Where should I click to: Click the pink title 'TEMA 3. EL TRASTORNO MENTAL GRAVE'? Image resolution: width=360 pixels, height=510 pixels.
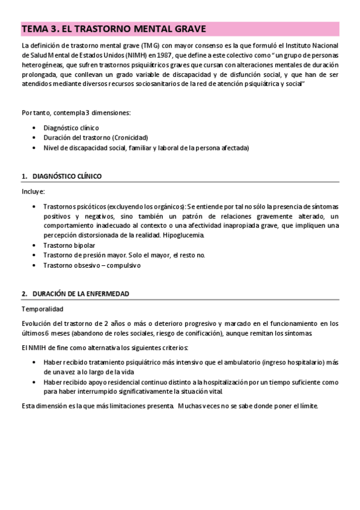coord(114,29)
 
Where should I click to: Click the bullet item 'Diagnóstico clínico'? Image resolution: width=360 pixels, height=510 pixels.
coord(71,128)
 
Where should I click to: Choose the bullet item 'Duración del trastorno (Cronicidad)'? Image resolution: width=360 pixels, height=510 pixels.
coord(96,137)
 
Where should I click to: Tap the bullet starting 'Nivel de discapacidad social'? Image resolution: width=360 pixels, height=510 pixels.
coord(146,147)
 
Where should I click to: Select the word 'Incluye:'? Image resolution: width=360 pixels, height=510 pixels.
coord(33,192)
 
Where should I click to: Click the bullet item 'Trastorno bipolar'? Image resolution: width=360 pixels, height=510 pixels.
coord(69,245)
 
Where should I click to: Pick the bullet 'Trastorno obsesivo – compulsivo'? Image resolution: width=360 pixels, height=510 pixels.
coord(91,265)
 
